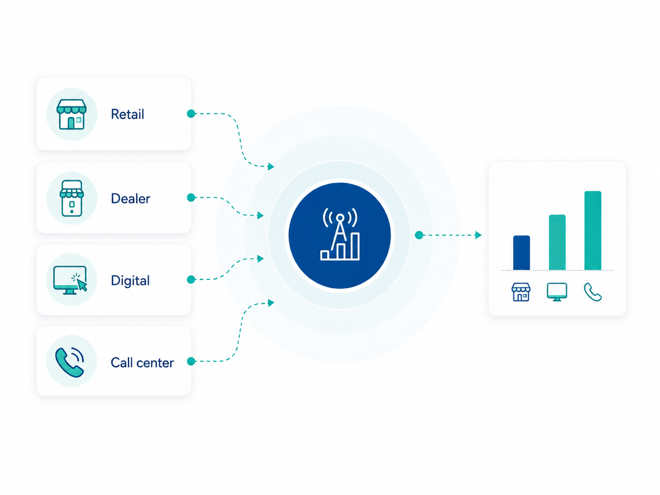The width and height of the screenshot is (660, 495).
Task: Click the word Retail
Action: (128, 114)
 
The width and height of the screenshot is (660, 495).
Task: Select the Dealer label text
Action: (130, 199)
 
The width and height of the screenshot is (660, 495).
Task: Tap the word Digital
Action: (130, 281)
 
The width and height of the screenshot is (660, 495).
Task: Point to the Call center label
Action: (142, 363)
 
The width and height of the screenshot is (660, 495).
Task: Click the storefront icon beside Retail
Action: (72, 114)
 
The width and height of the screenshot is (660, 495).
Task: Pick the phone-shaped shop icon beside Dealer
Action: (72, 198)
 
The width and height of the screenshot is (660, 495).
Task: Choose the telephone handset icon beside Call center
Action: (70, 362)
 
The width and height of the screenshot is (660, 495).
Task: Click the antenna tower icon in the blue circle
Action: (340, 234)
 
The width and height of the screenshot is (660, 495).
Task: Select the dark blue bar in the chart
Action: (521, 253)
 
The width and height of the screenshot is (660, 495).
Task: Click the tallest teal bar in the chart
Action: (593, 231)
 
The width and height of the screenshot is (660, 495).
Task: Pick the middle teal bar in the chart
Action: (557, 242)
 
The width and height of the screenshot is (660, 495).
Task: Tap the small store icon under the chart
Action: (521, 292)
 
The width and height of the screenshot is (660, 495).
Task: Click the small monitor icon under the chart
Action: (557, 292)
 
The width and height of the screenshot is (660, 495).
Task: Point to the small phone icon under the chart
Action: (593, 292)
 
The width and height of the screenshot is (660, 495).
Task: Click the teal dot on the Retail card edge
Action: (191, 113)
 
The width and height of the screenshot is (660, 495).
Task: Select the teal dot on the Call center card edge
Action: (191, 361)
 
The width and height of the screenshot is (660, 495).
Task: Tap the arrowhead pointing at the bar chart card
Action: (478, 235)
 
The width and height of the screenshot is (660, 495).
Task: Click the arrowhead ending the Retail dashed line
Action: (271, 166)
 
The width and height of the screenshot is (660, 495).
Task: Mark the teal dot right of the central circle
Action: (419, 235)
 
